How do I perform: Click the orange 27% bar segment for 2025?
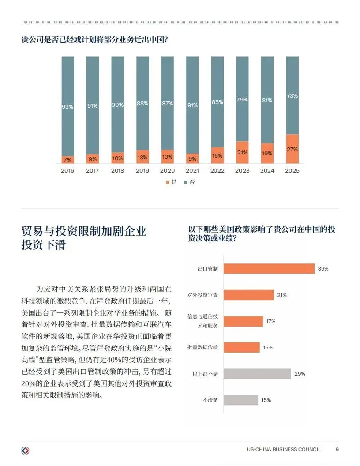click(x=292, y=149)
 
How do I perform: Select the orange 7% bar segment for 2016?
click(x=68, y=160)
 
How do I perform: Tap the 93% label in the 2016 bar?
click(x=67, y=107)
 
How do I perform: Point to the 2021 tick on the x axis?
click(x=192, y=171)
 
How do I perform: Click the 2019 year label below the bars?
click(x=142, y=171)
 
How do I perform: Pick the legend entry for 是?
click(x=171, y=182)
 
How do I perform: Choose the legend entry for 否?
click(x=189, y=182)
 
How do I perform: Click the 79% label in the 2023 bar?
click(x=242, y=100)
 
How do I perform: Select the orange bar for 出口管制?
click(x=269, y=269)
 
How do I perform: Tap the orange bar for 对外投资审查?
click(x=249, y=295)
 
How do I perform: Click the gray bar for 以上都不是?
click(x=257, y=374)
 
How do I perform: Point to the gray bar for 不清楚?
click(x=241, y=400)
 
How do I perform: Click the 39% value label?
click(x=323, y=269)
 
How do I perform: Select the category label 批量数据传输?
click(x=202, y=347)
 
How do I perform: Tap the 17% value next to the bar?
click(x=270, y=321)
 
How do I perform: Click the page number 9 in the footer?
click(x=337, y=449)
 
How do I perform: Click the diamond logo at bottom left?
click(x=26, y=451)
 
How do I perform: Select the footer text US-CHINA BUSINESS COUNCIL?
click(x=284, y=449)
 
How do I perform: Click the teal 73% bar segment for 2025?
click(x=292, y=95)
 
